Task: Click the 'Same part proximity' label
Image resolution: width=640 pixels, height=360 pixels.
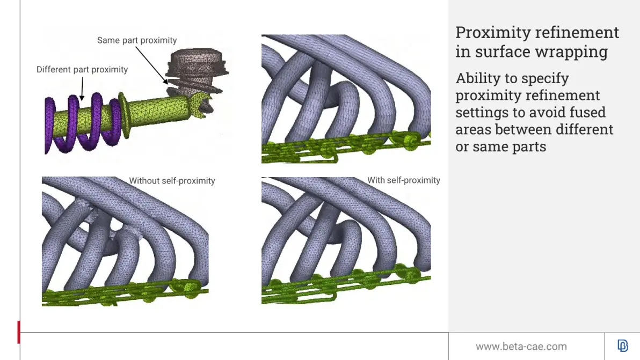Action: tap(137, 40)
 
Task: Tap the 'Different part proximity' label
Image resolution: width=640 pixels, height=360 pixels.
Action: tap(82, 69)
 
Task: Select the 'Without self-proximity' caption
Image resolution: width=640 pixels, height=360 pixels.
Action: tap(172, 181)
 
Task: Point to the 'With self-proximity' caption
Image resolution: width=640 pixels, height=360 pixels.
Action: tap(404, 180)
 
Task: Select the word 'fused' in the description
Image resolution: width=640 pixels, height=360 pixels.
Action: tap(587, 112)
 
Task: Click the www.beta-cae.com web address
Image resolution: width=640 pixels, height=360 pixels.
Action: tap(521, 347)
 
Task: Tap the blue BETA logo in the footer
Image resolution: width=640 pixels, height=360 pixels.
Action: tap(622, 346)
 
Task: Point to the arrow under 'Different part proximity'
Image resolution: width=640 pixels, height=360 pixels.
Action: tap(82, 89)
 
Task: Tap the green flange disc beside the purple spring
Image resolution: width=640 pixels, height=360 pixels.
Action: tap(124, 115)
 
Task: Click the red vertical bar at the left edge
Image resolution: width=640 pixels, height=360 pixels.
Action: tap(19, 332)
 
